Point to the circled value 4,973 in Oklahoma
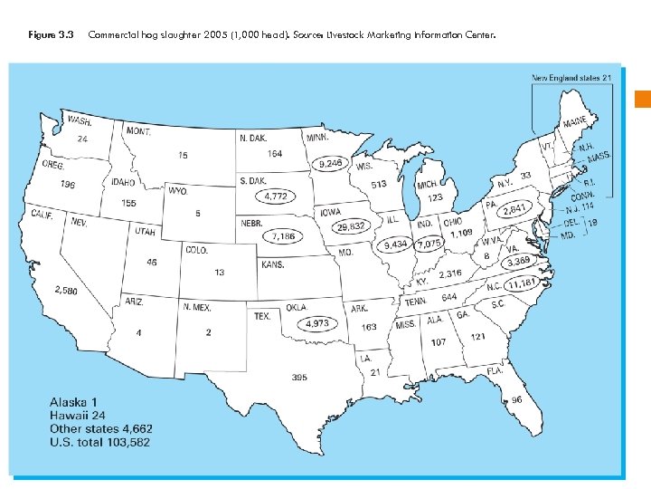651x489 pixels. pos(316,323)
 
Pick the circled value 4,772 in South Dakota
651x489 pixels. pos(280,195)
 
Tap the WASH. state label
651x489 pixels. pos(79,121)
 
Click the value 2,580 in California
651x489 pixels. pos(65,291)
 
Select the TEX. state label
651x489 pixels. pos(263,316)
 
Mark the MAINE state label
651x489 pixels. pos(573,122)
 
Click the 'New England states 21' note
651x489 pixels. pos(571,78)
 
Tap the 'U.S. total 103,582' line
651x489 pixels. pos(99,442)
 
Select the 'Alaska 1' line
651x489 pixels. pos(73,401)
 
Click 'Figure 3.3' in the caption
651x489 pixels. pos(51,34)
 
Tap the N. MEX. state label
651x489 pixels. pos(197,307)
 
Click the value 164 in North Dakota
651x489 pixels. pos(274,153)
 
